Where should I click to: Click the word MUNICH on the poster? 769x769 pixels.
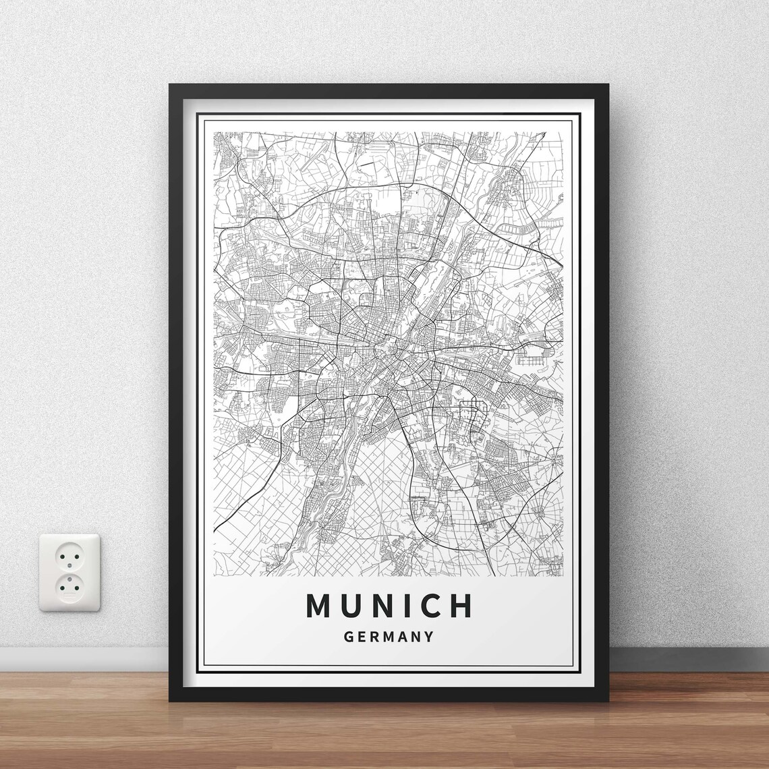[x=389, y=605]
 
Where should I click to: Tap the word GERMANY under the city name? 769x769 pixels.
[x=389, y=636]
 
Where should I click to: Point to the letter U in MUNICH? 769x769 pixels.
[x=351, y=605]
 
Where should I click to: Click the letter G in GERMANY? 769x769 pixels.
[x=348, y=636]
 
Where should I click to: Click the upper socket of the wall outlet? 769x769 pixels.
[x=69, y=554]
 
